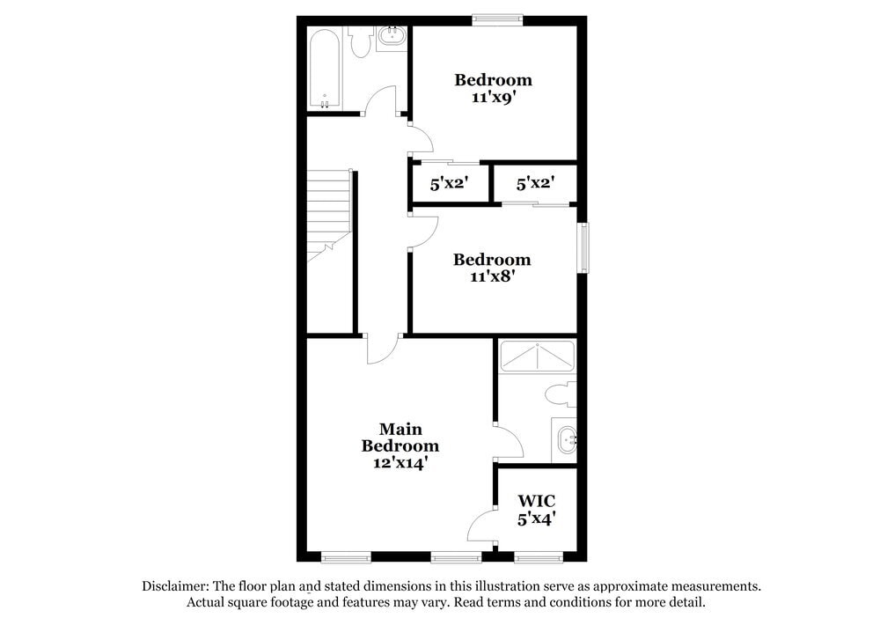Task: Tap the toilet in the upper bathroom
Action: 359,42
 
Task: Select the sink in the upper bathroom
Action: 392,38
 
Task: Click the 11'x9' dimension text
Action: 493,98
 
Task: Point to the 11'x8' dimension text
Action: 492,276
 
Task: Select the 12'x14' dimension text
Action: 400,462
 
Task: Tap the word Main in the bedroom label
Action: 400,429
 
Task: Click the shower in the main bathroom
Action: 537,356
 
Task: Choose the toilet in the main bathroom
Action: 560,394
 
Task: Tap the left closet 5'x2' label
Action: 449,184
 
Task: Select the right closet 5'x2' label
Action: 534,184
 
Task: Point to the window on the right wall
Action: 582,247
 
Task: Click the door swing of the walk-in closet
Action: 482,526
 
